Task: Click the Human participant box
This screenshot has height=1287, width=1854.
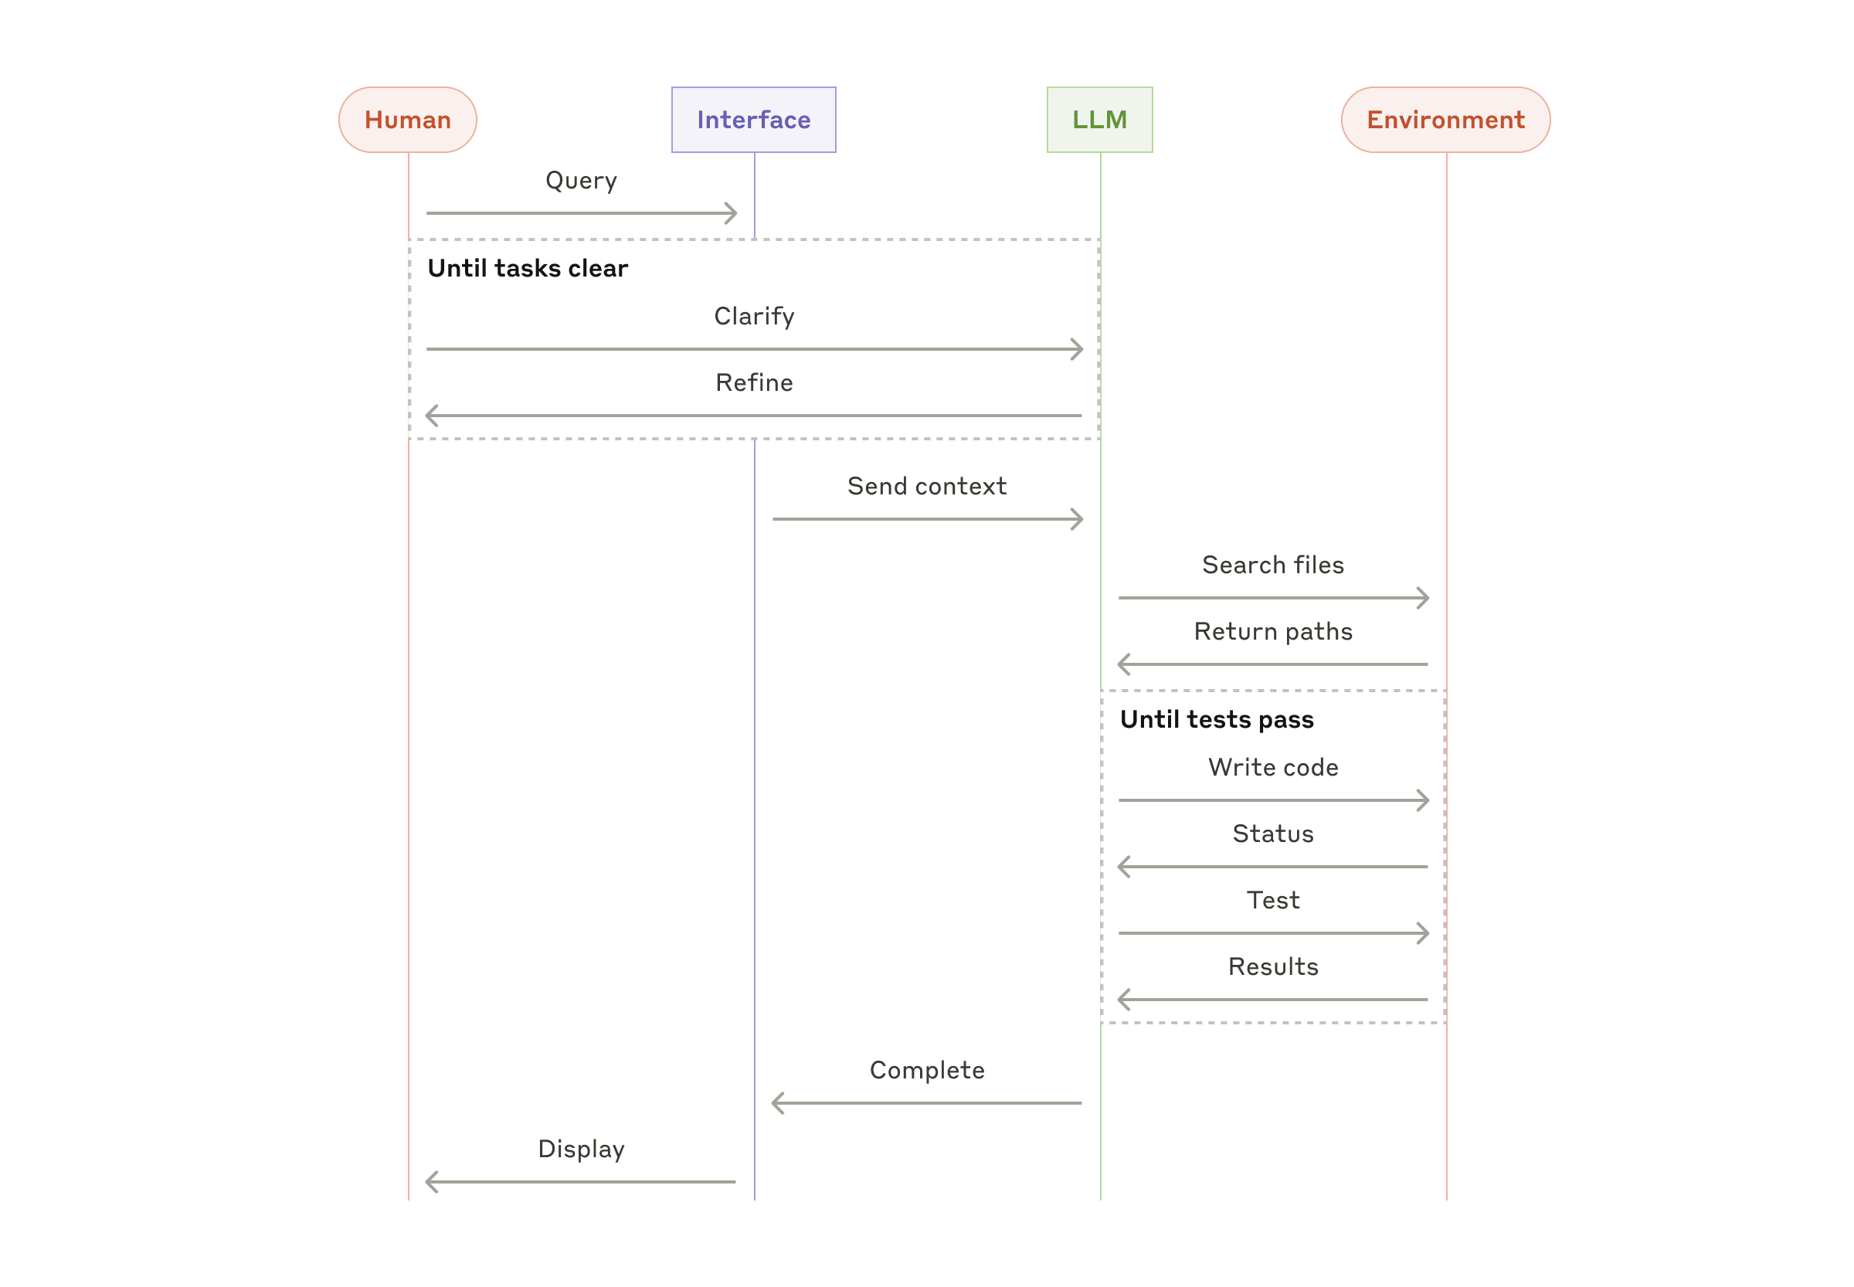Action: tap(407, 119)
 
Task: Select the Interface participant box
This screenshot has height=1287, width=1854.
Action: tap(753, 119)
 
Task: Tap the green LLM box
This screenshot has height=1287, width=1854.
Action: tap(1099, 119)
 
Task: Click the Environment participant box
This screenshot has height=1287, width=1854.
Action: tap(1445, 119)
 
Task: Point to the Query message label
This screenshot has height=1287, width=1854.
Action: tap(581, 180)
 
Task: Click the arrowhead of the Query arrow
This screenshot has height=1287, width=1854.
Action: tap(732, 213)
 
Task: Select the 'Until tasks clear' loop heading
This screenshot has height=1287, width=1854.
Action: tap(528, 268)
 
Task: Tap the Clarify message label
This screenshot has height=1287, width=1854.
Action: tap(753, 316)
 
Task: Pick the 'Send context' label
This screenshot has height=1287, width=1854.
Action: tap(926, 486)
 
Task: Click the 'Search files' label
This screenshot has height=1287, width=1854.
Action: tap(1272, 565)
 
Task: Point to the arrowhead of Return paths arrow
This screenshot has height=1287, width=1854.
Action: tap(1122, 664)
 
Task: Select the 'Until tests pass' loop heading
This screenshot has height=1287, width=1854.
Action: tap(1216, 719)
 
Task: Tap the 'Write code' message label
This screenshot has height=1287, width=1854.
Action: tap(1272, 768)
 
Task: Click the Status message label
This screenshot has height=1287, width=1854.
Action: tap(1272, 834)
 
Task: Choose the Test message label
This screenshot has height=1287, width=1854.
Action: tap(1272, 900)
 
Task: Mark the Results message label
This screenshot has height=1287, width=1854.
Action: tap(1272, 967)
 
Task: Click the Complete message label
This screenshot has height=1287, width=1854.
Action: tap(926, 1070)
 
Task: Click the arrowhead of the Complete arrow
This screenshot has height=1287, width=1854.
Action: tap(776, 1103)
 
